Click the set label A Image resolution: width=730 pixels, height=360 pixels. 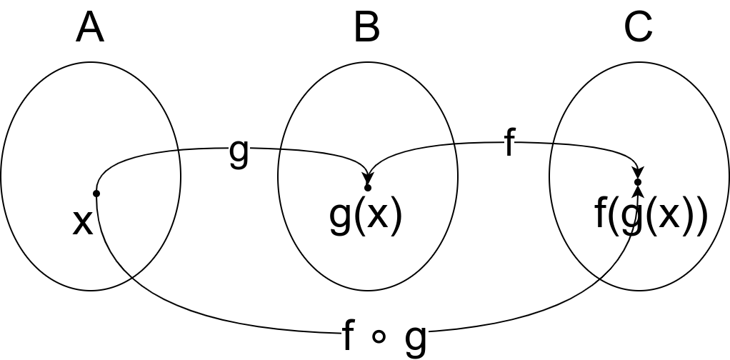pyautogui.click(x=90, y=28)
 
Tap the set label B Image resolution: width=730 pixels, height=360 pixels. pyautogui.click(x=367, y=28)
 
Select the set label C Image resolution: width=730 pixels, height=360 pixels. pyautogui.click(x=638, y=28)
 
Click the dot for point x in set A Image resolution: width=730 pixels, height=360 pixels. pyautogui.click(x=96, y=194)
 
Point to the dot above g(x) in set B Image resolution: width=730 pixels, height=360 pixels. pyautogui.click(x=368, y=188)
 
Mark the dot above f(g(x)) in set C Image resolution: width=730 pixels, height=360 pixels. pyautogui.click(x=638, y=182)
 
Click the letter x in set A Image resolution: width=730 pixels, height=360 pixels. pyautogui.click(x=83, y=221)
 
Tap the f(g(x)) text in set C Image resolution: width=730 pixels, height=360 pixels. pyautogui.click(x=651, y=214)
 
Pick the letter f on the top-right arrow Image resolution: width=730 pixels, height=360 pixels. pyautogui.click(x=509, y=143)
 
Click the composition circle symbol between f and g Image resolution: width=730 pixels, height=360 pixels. pyautogui.click(x=379, y=336)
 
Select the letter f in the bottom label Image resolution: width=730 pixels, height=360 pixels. pyautogui.click(x=348, y=335)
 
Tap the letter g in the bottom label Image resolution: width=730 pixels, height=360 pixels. pyautogui.click(x=416, y=337)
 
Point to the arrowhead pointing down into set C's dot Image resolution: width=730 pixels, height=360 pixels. pyautogui.click(x=638, y=173)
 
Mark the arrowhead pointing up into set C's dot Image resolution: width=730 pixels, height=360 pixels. pyautogui.click(x=638, y=191)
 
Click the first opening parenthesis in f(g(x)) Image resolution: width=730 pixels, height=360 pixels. pyautogui.click(x=613, y=214)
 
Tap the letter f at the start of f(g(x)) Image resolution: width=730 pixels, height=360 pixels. pyautogui.click(x=601, y=212)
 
